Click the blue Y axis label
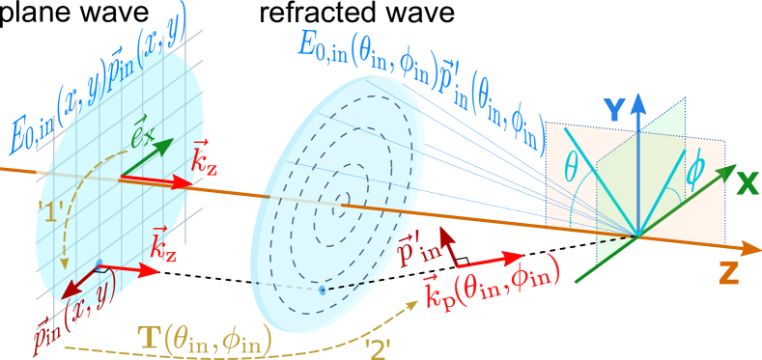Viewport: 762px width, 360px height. click(x=612, y=111)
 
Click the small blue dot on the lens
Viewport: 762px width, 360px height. click(x=322, y=290)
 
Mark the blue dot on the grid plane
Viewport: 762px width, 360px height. click(x=99, y=263)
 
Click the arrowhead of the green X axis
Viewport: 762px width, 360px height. click(x=726, y=174)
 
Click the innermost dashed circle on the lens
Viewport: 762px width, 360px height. click(x=343, y=199)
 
